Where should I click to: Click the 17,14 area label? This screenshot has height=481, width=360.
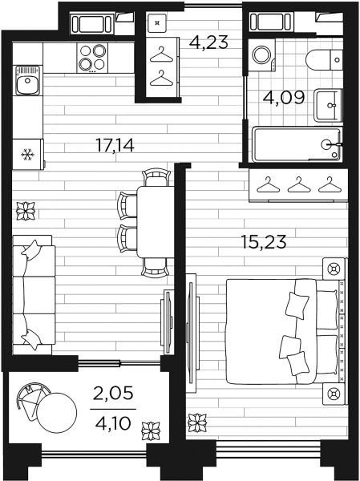115,145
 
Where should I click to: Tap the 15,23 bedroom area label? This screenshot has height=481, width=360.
264,242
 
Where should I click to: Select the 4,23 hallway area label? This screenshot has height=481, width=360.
208,42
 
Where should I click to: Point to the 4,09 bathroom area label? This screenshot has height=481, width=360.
284,98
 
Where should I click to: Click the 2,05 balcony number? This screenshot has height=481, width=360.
113,393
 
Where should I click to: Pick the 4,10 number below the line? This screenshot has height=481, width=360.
113,423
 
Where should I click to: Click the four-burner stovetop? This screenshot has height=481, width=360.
92,58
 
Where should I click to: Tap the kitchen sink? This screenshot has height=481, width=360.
27,81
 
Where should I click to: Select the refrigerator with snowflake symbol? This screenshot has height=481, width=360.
28,154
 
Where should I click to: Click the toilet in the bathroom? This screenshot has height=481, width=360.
325,59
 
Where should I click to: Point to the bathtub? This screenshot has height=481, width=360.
297,144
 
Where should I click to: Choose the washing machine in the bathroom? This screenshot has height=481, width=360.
262,55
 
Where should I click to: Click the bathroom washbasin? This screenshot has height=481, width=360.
328,105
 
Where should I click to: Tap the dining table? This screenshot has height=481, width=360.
156,222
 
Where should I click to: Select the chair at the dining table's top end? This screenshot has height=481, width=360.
156,177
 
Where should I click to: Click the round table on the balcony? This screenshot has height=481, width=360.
56,413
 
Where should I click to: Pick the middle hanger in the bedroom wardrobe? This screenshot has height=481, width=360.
299,184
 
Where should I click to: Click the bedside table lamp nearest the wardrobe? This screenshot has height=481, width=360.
334,269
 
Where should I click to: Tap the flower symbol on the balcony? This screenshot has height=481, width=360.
151,431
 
